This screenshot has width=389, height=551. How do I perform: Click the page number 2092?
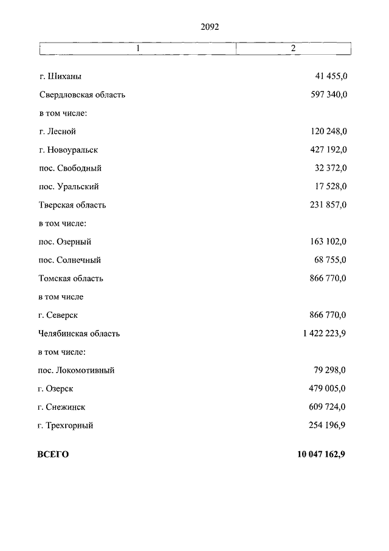click(209, 27)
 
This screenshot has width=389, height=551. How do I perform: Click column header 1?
click(138, 48)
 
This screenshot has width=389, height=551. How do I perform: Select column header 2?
click(293, 48)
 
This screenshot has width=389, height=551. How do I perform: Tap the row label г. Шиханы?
click(60, 77)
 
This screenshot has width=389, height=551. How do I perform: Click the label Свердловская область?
click(82, 95)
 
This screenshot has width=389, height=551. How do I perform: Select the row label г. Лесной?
click(58, 132)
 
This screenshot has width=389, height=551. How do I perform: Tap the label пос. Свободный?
click(70, 168)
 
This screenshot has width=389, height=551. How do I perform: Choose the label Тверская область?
click(72, 205)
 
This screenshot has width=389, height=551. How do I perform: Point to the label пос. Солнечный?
click(70, 260)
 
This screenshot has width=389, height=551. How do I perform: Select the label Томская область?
click(71, 278)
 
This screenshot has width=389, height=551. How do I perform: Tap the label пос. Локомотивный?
click(77, 370)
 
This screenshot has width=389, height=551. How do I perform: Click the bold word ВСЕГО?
click(53, 455)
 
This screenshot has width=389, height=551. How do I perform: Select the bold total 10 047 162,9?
click(320, 455)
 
